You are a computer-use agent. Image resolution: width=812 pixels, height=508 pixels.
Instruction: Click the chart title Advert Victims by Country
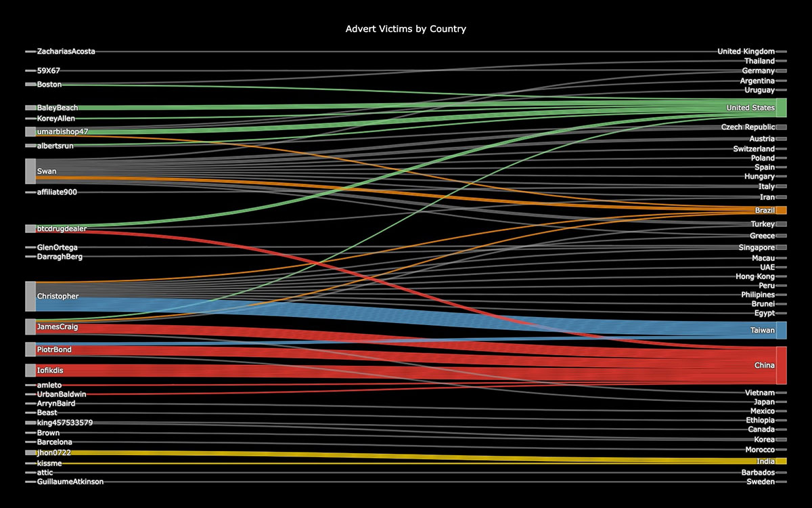coord(405,29)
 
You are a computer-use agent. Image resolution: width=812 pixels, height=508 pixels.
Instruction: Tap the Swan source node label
coord(47,171)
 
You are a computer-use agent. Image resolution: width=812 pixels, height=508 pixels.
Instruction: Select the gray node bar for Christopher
coord(30,297)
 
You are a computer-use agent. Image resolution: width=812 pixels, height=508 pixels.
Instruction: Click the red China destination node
coord(781,365)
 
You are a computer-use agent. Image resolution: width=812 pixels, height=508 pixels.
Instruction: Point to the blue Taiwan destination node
coord(781,331)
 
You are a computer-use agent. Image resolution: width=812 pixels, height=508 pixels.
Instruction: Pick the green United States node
coord(781,108)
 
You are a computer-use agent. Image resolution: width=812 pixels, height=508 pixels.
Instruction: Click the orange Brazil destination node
coord(781,210)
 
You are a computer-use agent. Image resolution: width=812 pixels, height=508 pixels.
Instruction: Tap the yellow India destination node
coord(781,461)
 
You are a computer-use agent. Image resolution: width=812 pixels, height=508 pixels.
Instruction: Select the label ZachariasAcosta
coord(66,51)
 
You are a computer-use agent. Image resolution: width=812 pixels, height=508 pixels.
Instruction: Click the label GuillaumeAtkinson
coord(70,482)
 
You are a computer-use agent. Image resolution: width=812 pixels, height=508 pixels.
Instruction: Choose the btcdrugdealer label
coord(62,229)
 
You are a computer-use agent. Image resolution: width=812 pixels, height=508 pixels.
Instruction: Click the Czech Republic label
coord(748,127)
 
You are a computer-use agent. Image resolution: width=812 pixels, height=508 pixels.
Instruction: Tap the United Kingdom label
coord(746,51)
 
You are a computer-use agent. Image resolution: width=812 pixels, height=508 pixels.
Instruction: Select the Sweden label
coord(761,482)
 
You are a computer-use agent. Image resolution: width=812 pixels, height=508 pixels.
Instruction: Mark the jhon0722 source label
coord(54,452)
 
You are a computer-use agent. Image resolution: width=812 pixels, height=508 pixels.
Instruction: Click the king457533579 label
coord(65,423)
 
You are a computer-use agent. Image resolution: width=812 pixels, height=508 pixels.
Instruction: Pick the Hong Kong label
coord(755,276)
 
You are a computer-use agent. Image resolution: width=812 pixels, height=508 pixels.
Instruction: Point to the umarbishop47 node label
coord(63,131)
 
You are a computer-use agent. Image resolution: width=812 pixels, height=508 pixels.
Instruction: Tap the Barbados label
coord(757,472)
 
